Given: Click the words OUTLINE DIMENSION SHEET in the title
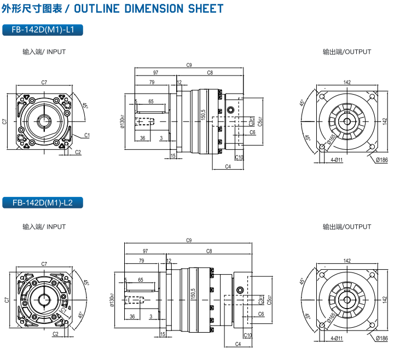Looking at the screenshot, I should pos(148,9).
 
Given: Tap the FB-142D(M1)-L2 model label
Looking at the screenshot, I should pos(42,203).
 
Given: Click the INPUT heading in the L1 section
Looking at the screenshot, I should pos(44,52).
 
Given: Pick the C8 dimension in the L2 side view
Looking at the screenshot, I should pos(209,251).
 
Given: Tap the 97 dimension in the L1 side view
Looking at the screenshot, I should pos(156,73).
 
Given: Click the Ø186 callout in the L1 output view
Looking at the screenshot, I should pos(381,160).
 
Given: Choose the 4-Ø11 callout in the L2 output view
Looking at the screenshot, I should pos(337,338).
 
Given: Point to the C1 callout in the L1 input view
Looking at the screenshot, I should pos(88,135).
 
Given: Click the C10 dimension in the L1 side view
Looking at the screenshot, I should pos(239,158).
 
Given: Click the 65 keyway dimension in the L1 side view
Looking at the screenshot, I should pos(150,101).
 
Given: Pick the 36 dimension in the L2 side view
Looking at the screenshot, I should pos(132,316).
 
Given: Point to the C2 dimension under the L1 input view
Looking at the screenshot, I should pos(78,153).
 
